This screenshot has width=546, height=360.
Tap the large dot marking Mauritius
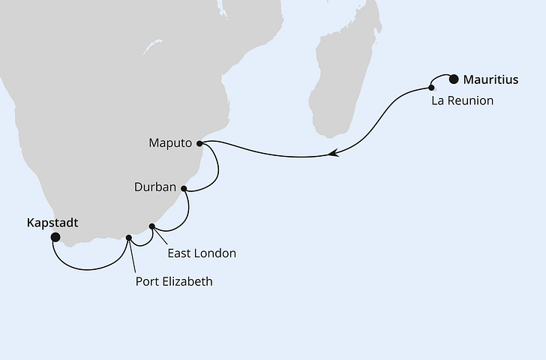point(453,77)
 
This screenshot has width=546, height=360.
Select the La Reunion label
point(463,100)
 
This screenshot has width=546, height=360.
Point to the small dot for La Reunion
point(431,88)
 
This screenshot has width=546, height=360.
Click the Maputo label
point(170,142)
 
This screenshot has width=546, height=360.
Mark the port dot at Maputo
point(199,142)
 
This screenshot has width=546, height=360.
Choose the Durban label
point(156,187)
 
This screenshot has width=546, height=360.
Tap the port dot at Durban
point(184,188)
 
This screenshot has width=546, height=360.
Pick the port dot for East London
point(152,226)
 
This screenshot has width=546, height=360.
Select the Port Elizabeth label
point(174,282)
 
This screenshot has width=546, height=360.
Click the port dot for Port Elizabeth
point(129,238)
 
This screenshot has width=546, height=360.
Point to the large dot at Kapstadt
point(55,237)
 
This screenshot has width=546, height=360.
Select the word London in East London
point(216,253)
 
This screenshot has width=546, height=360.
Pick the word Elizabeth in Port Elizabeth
point(187,282)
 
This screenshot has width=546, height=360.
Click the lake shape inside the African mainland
point(153,47)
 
